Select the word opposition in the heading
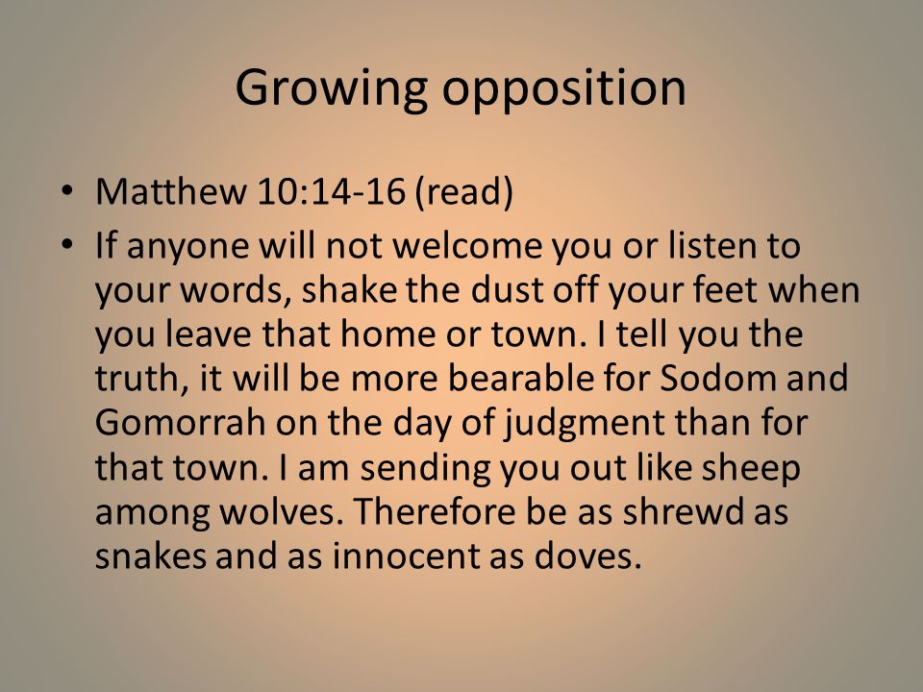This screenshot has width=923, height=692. (564, 88)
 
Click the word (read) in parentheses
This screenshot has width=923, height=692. (464, 192)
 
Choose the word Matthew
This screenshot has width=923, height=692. (171, 190)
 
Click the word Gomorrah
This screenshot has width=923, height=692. (180, 422)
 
